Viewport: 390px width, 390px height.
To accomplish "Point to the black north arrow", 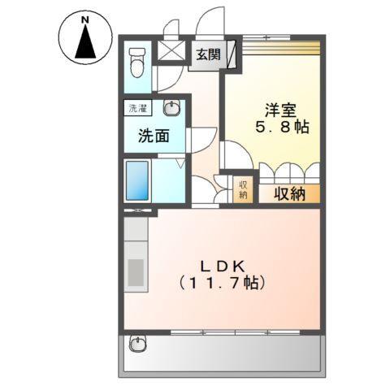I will click(x=84, y=43).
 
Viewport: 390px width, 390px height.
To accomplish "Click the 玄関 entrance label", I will click(x=206, y=55).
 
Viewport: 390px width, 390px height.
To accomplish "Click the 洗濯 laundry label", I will click(x=136, y=107).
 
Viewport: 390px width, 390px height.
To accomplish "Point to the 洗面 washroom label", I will click(x=153, y=136).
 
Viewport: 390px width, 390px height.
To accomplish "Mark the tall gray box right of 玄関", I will click(x=233, y=55).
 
